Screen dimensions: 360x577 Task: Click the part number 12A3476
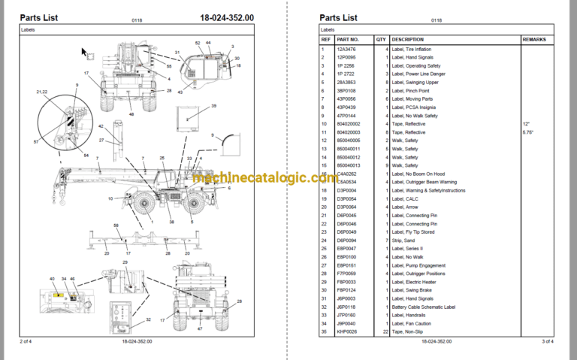tap(347, 50)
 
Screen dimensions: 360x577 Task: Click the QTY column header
tap(381, 40)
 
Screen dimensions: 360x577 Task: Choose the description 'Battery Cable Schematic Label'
tap(429, 306)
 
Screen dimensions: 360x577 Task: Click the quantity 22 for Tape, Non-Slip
tap(384, 331)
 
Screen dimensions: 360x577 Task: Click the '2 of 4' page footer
tap(29, 342)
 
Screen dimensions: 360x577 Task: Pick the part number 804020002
tap(349, 124)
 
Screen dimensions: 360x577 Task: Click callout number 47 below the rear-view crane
tap(200, 329)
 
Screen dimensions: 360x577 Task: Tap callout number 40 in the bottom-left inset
tap(53, 279)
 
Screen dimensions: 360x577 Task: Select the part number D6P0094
tap(347, 240)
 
